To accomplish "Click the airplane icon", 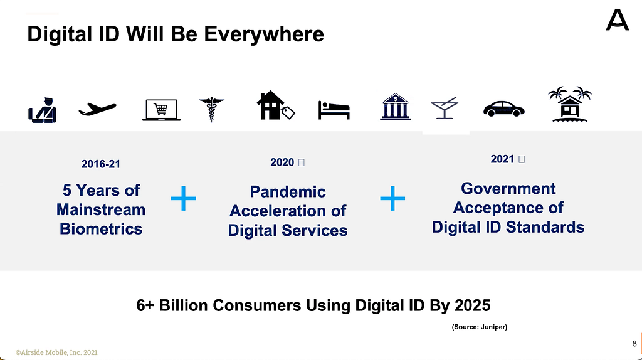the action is pyautogui.click(x=97, y=109).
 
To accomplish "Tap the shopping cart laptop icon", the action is pyautogui.click(x=161, y=110).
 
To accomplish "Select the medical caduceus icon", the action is pyautogui.click(x=211, y=109).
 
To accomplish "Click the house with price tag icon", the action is pyautogui.click(x=275, y=105).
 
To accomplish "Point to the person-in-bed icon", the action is pyautogui.click(x=334, y=110).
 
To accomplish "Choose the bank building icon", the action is pyautogui.click(x=395, y=107).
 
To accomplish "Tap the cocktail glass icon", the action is pyautogui.click(x=445, y=109).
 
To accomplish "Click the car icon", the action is pyautogui.click(x=503, y=109).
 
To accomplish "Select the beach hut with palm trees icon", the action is pyautogui.click(x=570, y=105).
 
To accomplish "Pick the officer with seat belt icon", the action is pyautogui.click(x=43, y=110).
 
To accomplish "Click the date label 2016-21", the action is pyautogui.click(x=101, y=164).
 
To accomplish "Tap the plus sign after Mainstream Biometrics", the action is pyautogui.click(x=184, y=199).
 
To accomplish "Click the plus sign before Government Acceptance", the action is pyautogui.click(x=392, y=199).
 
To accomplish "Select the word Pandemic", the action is pyautogui.click(x=288, y=192).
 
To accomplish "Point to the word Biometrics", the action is pyautogui.click(x=101, y=228).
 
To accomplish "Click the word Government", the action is pyautogui.click(x=508, y=188).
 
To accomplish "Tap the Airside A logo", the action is pyautogui.click(x=617, y=20).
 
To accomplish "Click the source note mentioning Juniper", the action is pyautogui.click(x=480, y=327).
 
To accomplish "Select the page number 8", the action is pyautogui.click(x=634, y=344).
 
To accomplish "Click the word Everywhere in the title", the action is pyautogui.click(x=264, y=34).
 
